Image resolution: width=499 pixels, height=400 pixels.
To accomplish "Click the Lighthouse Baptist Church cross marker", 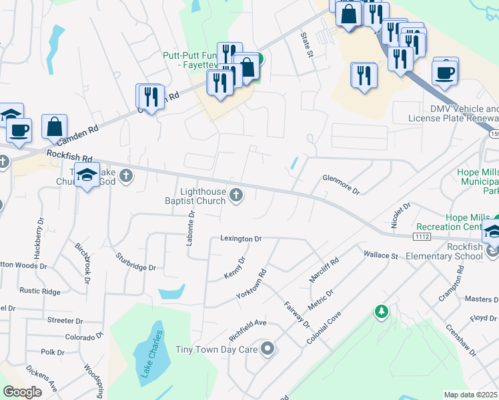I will (x=235, y=195).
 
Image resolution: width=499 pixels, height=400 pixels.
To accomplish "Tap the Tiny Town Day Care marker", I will (x=268, y=349).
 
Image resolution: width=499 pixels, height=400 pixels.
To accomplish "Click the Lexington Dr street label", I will (x=241, y=238).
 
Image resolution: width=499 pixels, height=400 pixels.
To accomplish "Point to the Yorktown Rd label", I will (x=251, y=283).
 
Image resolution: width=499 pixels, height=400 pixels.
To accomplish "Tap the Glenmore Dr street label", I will (x=341, y=184).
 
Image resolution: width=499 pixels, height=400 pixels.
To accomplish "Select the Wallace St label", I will (x=380, y=255).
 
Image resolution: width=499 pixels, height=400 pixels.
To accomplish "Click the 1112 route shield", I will (x=421, y=236).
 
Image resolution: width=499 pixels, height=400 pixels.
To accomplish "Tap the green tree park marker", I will (x=381, y=311).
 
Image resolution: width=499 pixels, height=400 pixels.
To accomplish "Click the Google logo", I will (x=22, y=392).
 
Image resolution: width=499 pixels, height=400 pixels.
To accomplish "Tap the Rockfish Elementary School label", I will (x=449, y=256).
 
